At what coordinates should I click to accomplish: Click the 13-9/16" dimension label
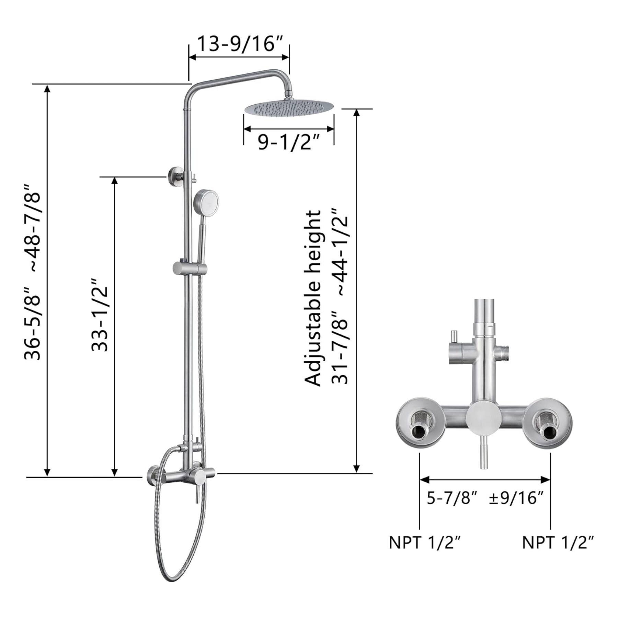click(239, 44)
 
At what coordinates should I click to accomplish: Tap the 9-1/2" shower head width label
click(289, 142)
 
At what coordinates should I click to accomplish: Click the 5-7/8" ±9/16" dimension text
click(485, 498)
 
